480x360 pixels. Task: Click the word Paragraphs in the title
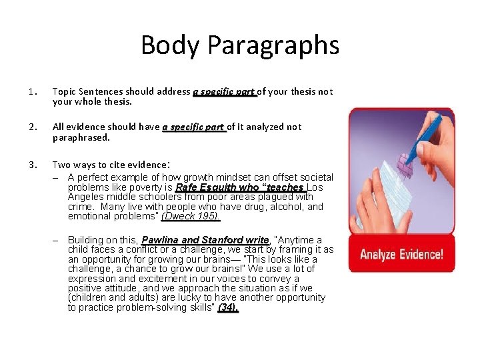[273, 45]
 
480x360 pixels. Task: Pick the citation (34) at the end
[227, 307]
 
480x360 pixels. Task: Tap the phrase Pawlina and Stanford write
[205, 240]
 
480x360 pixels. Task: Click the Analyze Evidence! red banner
[401, 254]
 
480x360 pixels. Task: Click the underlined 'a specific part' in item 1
[225, 92]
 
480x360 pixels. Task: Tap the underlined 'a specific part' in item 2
[194, 127]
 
